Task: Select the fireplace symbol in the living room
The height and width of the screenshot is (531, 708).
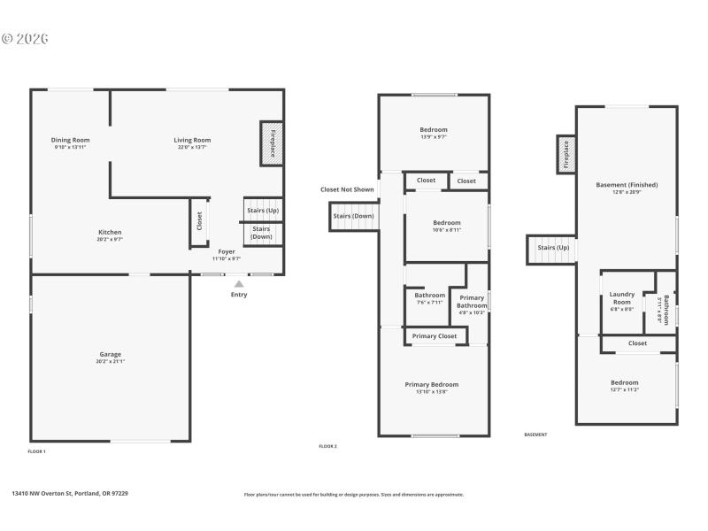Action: [271, 142]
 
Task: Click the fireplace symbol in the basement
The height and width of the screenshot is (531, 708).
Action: [566, 155]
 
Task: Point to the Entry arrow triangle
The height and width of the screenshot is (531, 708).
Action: [239, 284]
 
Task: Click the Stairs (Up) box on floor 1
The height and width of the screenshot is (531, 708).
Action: [262, 210]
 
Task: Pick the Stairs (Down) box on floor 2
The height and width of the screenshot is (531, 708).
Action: [353, 217]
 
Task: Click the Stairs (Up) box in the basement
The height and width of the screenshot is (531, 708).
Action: [552, 249]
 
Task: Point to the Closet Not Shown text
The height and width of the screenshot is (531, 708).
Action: [347, 189]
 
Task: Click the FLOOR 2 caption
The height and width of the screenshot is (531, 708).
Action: [328, 446]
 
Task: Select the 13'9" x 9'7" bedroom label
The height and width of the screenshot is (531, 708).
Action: [433, 133]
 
